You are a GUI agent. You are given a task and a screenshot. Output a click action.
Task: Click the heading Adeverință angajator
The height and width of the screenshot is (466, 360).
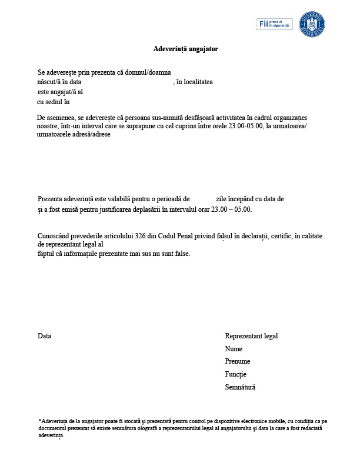(x=185, y=49)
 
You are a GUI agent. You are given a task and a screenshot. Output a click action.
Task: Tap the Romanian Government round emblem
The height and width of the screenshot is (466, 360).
(x=312, y=24)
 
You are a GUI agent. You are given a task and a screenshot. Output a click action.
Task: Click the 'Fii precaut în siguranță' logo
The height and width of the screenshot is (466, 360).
(x=274, y=24)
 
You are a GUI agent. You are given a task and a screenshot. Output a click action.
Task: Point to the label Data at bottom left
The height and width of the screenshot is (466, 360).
(x=45, y=336)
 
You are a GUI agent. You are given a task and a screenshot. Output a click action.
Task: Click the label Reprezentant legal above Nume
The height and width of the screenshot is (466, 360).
(x=251, y=336)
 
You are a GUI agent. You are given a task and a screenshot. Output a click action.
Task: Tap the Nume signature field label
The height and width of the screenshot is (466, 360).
(x=234, y=349)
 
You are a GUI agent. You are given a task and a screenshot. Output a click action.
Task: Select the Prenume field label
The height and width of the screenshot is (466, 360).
(x=238, y=361)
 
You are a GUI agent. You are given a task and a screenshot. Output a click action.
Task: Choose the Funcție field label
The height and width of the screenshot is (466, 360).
(x=235, y=374)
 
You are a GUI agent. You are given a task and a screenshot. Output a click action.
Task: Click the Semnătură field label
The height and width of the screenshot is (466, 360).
(x=240, y=387)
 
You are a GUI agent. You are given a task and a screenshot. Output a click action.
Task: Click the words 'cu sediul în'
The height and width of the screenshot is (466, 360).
(x=54, y=102)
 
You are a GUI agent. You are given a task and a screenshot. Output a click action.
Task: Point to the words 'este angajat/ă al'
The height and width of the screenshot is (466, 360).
(x=60, y=92)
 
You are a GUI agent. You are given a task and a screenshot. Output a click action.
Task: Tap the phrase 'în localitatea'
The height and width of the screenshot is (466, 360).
(x=195, y=82)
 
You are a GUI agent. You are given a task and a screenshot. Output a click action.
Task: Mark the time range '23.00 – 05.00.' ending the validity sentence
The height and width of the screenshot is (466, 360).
(x=232, y=209)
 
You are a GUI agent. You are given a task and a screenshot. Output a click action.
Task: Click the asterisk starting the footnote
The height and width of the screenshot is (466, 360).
(x=40, y=421)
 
